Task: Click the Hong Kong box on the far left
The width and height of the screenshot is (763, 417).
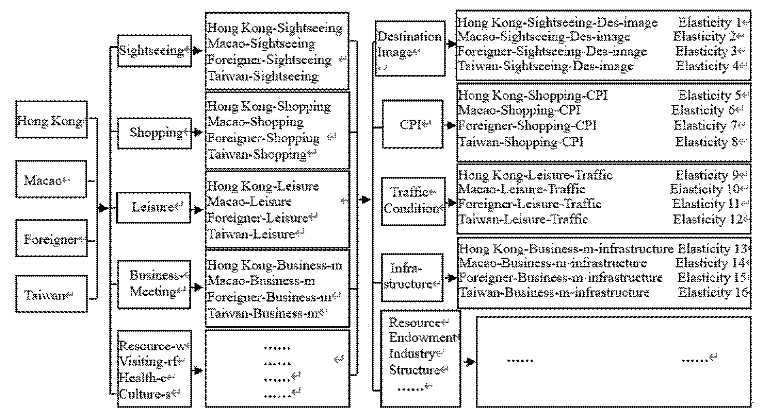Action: pos(51,120)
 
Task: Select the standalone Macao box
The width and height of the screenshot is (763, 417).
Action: pos(51,179)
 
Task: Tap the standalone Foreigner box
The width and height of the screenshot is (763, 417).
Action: pos(51,238)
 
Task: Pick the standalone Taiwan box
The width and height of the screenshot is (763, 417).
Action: pos(51,294)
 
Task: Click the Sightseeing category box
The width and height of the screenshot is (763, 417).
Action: pos(154,51)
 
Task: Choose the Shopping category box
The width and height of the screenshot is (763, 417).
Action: pos(154,133)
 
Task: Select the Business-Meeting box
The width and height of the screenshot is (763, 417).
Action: pos(154,284)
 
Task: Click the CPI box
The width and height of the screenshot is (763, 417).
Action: pos(412,124)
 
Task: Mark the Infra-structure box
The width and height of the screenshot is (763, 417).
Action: pos(412,277)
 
